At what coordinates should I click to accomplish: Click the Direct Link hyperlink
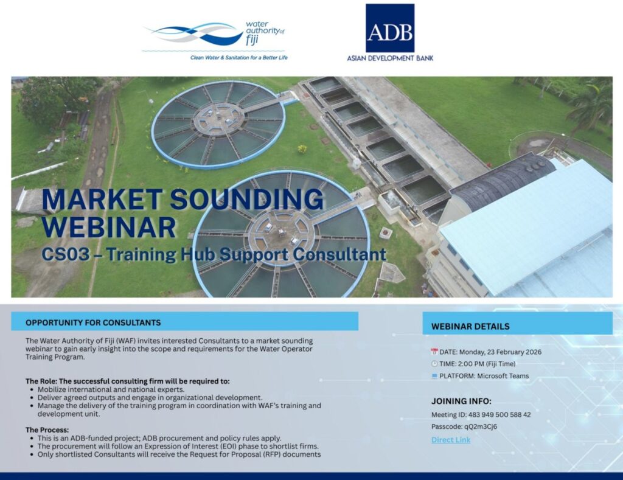[x=451, y=440]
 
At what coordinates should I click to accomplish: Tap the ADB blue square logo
[x=390, y=28]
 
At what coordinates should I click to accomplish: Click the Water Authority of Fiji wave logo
[x=193, y=33]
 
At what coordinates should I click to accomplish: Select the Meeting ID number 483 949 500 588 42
[x=499, y=415]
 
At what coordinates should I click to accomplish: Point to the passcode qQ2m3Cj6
[x=481, y=426]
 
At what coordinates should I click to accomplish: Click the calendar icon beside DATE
[x=434, y=352]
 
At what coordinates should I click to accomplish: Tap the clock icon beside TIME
[x=434, y=364]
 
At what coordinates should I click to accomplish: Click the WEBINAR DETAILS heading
[x=470, y=327]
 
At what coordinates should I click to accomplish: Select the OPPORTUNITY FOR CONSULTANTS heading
[x=93, y=322]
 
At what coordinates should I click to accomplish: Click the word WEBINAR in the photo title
[x=108, y=228]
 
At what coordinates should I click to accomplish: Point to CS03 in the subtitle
[x=65, y=254]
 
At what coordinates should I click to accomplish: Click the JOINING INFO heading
[x=461, y=401]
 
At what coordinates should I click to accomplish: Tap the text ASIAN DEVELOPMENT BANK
[x=390, y=58]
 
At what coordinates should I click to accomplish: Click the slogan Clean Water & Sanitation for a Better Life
[x=238, y=58]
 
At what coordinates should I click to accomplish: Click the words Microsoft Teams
[x=503, y=376]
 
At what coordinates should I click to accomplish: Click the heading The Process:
[x=47, y=430]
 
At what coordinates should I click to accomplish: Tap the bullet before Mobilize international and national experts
[x=32, y=390]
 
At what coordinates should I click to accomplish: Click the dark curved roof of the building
[x=503, y=181]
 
